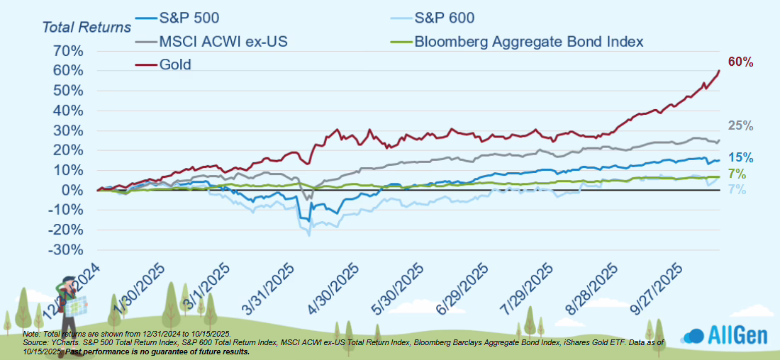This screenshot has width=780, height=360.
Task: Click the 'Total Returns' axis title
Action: click(87, 28)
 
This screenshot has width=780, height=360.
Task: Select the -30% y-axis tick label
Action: click(65, 249)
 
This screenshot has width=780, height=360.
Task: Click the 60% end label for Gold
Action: click(740, 62)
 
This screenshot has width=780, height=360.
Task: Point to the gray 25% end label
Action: click(740, 126)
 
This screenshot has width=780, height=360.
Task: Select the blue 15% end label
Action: click(740, 158)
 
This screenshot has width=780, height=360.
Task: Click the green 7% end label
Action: click(737, 174)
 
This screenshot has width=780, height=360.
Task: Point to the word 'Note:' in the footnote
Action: click(31, 334)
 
